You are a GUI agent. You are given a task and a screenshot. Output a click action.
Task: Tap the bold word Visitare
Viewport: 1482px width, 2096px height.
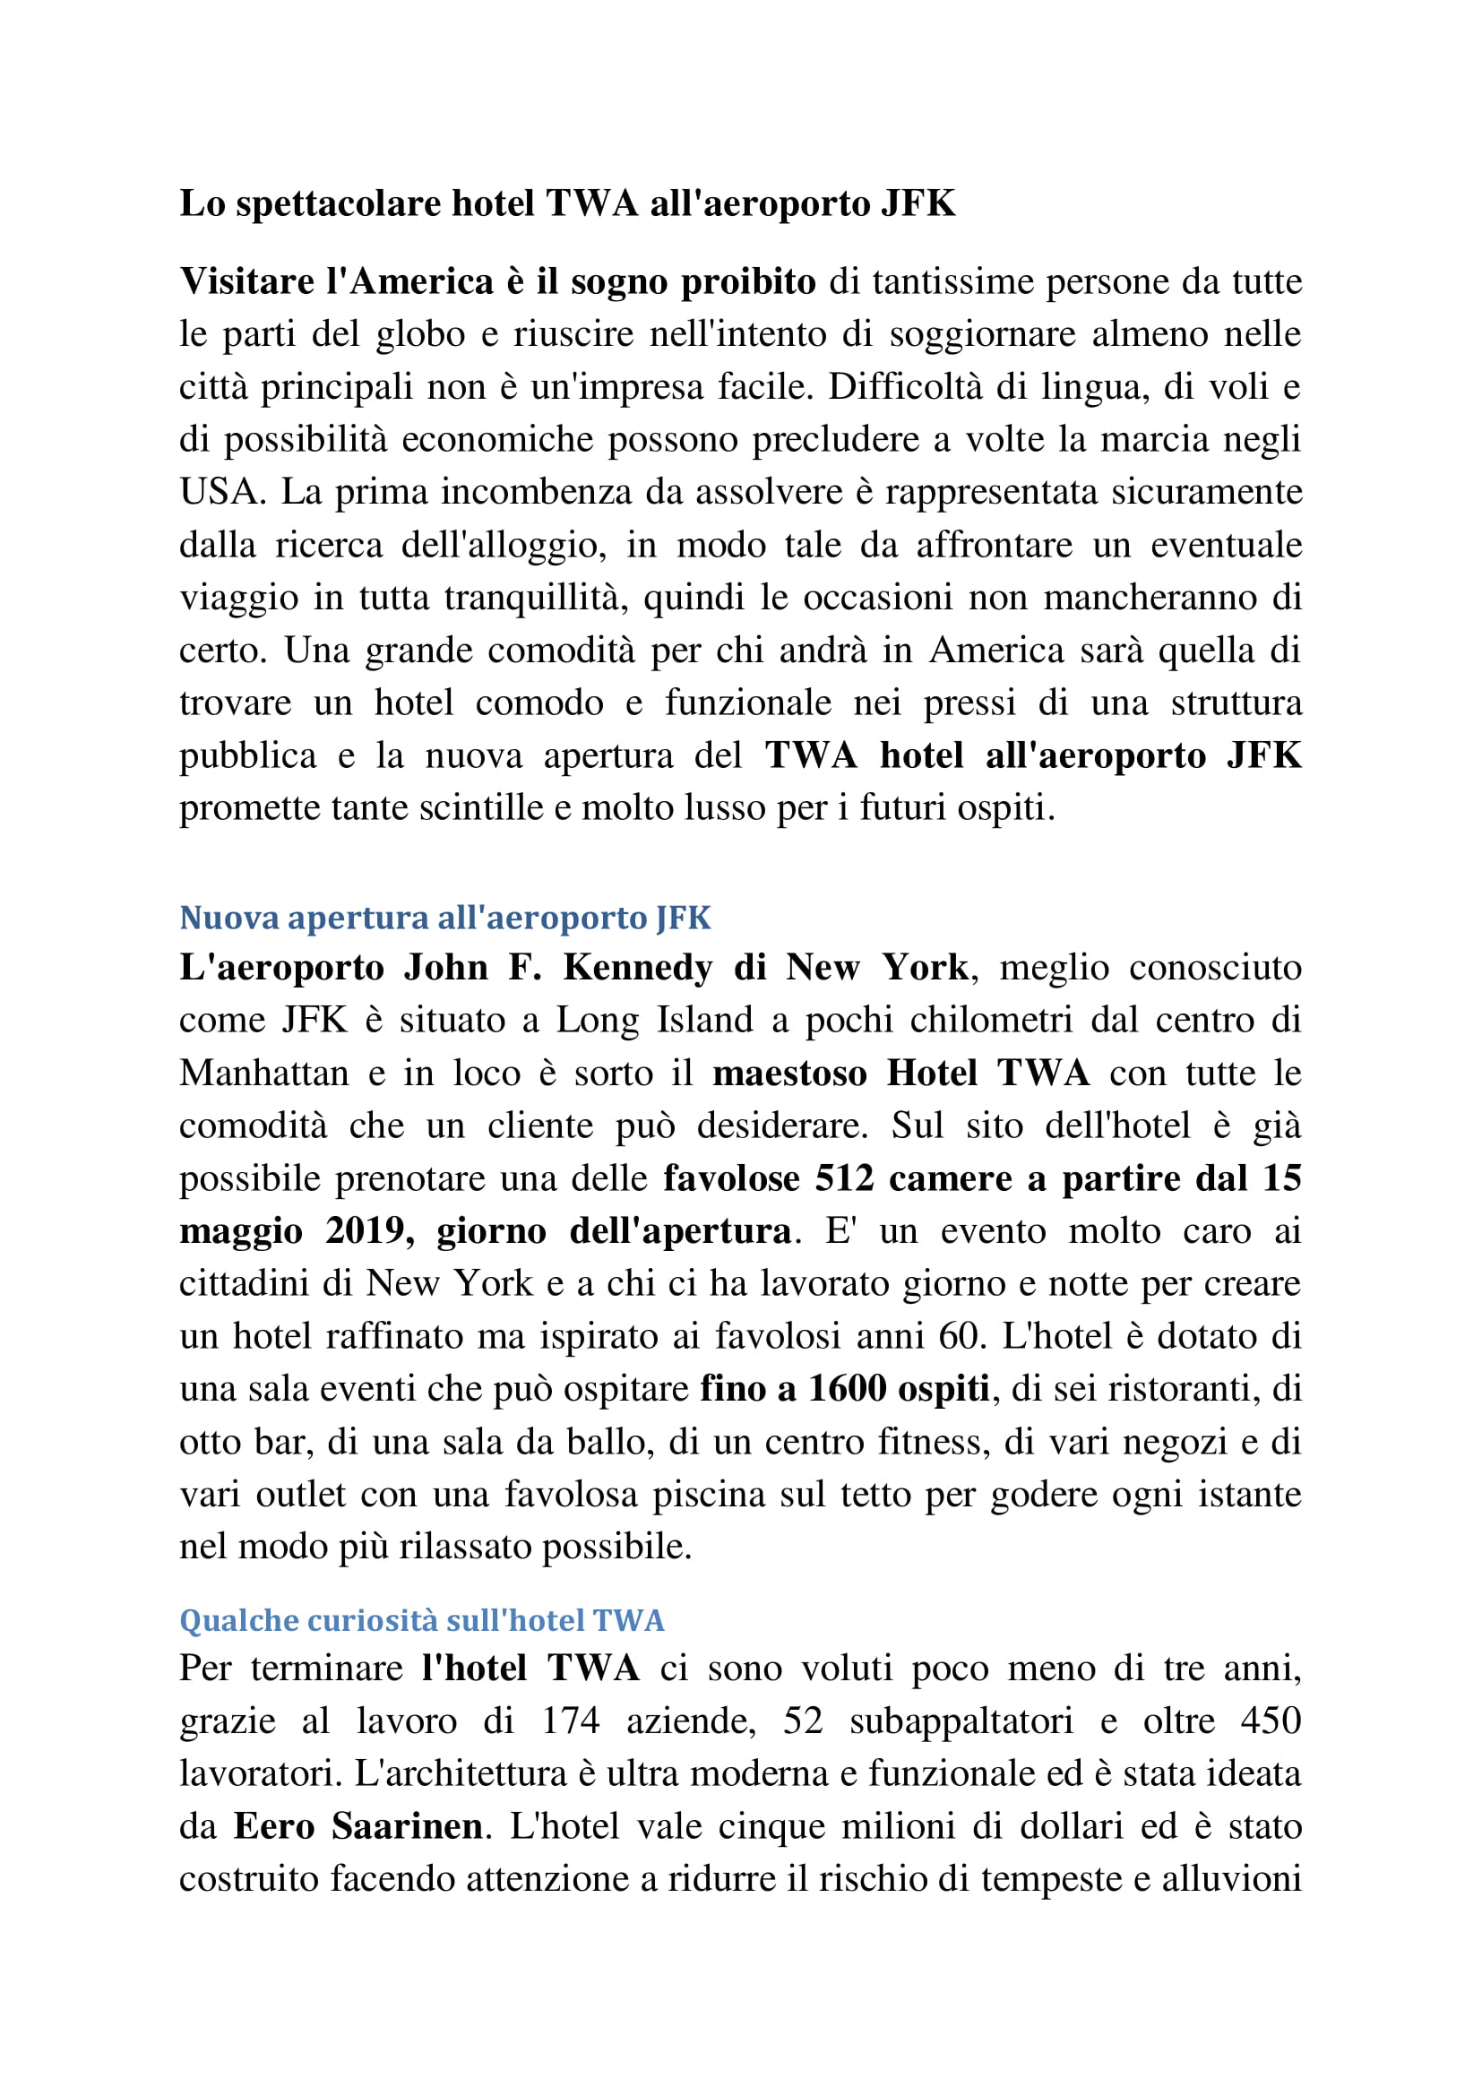click(x=247, y=282)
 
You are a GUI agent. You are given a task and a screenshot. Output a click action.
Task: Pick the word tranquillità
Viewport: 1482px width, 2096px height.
click(x=536, y=599)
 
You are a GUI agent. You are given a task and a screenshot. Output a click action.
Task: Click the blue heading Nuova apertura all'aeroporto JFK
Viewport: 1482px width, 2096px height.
click(x=444, y=918)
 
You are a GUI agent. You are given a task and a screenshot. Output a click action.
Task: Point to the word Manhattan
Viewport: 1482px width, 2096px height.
click(x=263, y=1074)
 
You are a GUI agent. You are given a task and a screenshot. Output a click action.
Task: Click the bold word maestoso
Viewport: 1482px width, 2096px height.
click(x=789, y=1074)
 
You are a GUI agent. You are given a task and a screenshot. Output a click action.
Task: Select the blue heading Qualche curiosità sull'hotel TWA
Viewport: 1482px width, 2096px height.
click(x=422, y=1620)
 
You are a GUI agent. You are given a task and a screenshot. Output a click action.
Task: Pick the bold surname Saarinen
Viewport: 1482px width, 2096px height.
click(x=407, y=1827)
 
